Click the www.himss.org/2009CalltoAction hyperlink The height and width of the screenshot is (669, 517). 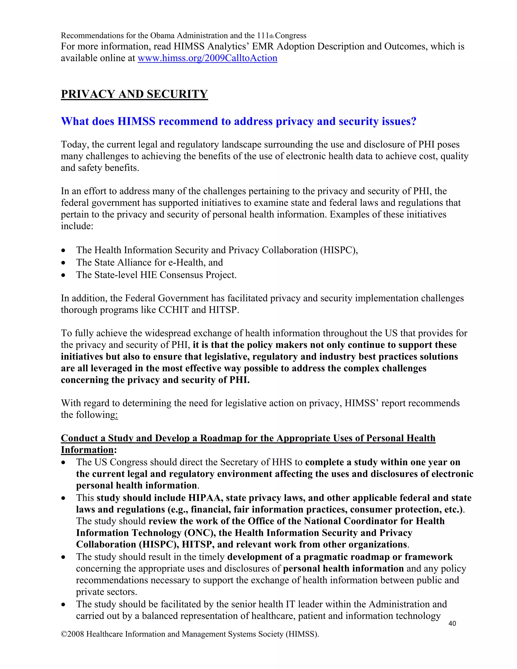tap(207, 58)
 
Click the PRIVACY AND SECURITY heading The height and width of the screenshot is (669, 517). tap(134, 94)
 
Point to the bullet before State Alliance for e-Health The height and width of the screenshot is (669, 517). tap(63, 263)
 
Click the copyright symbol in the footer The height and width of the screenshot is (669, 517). tap(64, 634)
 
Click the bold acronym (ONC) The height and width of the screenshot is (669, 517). tap(200, 533)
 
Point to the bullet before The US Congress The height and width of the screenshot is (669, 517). tap(63, 462)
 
